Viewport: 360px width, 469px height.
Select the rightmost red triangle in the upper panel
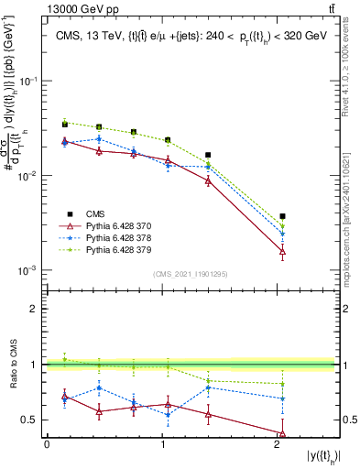point(282,250)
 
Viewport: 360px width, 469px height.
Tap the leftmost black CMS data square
point(64,124)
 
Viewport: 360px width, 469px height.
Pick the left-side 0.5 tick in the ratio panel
point(33,420)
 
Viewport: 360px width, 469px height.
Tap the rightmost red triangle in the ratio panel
point(282,434)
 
